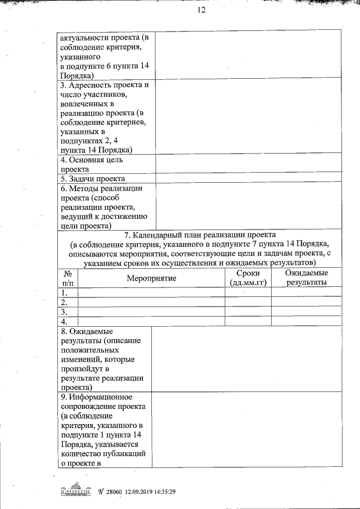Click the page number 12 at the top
[202, 10]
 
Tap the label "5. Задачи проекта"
[93, 179]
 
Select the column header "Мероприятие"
[151, 278]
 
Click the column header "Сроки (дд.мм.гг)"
[248, 278]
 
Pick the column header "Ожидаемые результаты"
[306, 278]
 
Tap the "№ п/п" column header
[67, 278]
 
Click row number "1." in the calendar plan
[65, 292]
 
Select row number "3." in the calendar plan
[65, 312]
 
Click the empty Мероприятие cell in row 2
[151, 302]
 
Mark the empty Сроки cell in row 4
[248, 321]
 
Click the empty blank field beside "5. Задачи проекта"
[248, 179]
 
